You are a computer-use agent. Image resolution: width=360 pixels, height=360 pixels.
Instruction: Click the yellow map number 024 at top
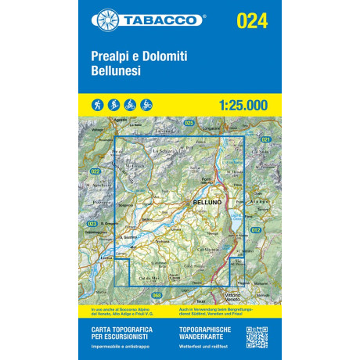[x=252, y=20]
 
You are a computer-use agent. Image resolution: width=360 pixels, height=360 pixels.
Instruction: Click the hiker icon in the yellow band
[x=96, y=104]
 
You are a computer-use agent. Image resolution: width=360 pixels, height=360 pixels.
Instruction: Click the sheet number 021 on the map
[x=265, y=140]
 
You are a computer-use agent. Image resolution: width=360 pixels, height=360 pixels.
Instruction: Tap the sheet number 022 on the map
[x=95, y=171]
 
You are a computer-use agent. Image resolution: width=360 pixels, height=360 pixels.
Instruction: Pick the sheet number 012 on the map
[x=256, y=229]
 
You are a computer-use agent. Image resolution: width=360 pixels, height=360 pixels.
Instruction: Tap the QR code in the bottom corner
[x=258, y=337]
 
